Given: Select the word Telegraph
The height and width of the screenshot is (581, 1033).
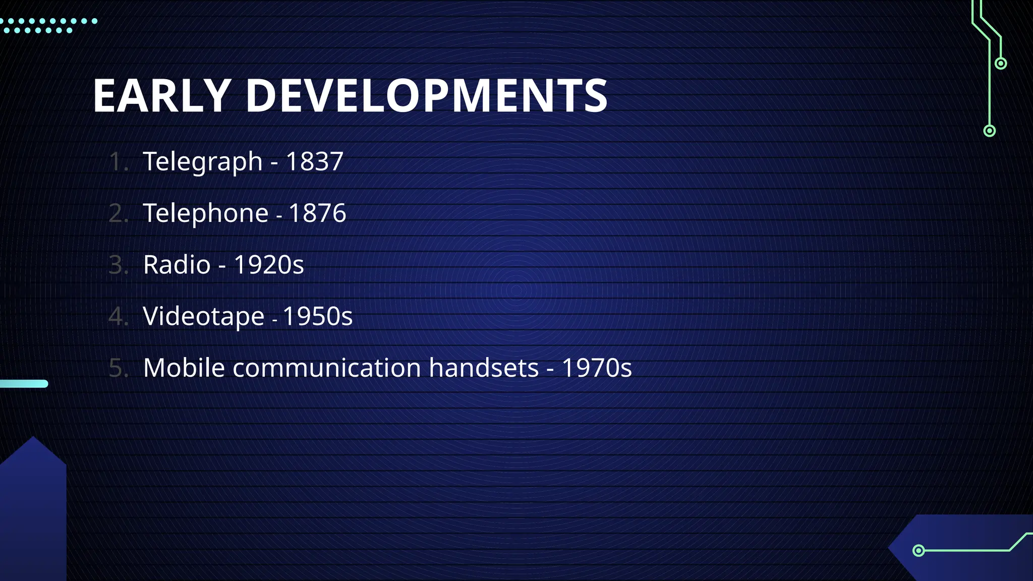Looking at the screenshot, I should tap(203, 162).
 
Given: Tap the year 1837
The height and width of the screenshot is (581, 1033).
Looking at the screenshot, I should tap(314, 162).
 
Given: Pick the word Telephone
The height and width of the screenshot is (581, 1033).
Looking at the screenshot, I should tap(206, 213).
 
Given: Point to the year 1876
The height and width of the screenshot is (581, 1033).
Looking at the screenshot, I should tap(317, 213).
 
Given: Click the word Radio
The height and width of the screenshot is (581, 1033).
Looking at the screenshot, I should tap(177, 265).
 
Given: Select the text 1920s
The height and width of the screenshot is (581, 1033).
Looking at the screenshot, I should tap(269, 265).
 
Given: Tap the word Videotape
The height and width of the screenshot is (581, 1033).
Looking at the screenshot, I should tap(204, 317).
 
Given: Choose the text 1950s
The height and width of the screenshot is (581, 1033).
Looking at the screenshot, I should tap(317, 317).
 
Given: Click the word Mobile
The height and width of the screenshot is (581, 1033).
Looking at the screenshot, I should tap(184, 368).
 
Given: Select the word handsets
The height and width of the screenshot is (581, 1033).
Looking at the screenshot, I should tap(484, 368).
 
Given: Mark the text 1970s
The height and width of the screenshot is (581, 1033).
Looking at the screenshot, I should tap(597, 368).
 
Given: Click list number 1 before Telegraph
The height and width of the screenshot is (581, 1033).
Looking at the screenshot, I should tap(119, 162).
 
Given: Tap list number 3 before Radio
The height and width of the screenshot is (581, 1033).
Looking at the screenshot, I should tap(119, 265).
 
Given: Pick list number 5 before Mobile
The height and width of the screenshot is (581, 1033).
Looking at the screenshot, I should tap(119, 368).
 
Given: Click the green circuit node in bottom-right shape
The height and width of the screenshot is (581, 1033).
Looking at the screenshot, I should tap(919, 550).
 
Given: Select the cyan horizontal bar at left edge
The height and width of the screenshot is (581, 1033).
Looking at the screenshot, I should tap(24, 384).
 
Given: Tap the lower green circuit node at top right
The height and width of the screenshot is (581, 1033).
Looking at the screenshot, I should tap(990, 131).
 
